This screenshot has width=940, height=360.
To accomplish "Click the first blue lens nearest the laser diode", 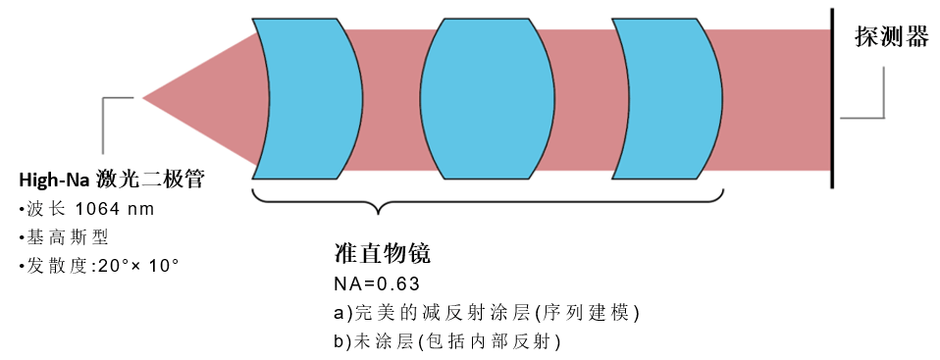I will (x=304, y=97).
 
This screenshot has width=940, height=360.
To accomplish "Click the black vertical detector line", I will (x=832, y=98).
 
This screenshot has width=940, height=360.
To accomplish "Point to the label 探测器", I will (x=890, y=37).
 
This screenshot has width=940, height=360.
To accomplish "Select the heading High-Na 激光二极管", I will (x=113, y=180).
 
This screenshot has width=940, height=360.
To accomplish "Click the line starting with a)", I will (x=487, y=313).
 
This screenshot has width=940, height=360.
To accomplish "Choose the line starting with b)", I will (x=447, y=341).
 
